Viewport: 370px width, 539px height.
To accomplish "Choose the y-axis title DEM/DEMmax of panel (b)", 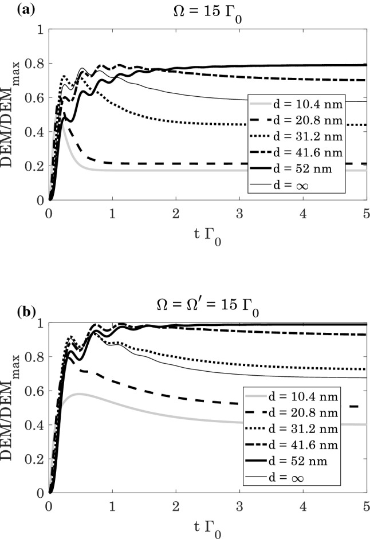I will click(x=13, y=408).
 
